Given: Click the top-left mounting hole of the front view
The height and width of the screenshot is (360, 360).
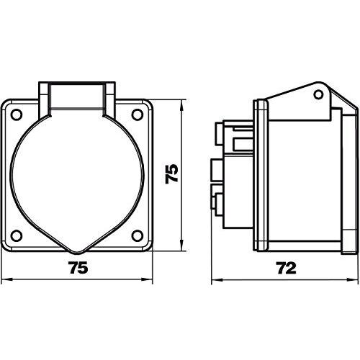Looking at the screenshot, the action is point(17,114).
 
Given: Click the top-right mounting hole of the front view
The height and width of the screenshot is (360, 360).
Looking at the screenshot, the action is point(138,114).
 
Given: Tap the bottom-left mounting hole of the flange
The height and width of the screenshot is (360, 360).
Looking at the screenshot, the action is point(17,235).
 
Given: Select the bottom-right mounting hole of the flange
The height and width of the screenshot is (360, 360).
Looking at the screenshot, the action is point(138,235).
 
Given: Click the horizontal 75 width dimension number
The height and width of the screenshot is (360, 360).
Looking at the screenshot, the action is point(78,267).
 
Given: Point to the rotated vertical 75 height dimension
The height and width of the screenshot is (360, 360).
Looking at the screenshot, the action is point(172,174).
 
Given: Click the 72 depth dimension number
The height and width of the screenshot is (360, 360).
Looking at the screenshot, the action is point(287,268).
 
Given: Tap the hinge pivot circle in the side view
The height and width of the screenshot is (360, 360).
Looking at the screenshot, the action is point(318,95).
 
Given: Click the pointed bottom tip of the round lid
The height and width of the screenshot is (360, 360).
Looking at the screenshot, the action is point(77,253).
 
